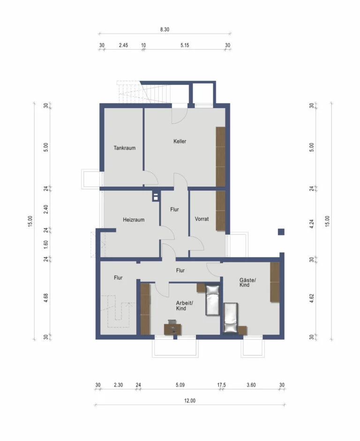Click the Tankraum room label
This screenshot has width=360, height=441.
pos(125,148)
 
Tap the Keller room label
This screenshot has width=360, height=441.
pos(180,141)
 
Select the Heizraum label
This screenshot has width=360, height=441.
pos(134,220)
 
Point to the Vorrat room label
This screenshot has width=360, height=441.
pos(202,219)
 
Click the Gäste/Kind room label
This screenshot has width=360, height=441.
pos(247,282)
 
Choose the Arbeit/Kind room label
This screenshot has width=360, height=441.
pos(184,306)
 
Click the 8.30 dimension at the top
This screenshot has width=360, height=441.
pos(165,29)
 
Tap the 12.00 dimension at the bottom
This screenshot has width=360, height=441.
pos(190,401)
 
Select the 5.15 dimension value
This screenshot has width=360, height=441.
pos(185,45)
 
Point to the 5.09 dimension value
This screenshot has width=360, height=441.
pos(180,385)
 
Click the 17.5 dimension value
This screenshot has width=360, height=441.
pos(221,385)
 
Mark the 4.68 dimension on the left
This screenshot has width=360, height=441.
pos(46,297)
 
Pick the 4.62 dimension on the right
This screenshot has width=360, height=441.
pos(311,298)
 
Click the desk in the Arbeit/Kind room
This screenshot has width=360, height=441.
pos(172,329)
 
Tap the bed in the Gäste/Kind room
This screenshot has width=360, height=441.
pos(231,318)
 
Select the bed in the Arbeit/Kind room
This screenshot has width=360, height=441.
pos(212,301)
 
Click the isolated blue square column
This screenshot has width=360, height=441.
pos(281,232)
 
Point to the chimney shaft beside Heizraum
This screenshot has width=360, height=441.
pos(156,196)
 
